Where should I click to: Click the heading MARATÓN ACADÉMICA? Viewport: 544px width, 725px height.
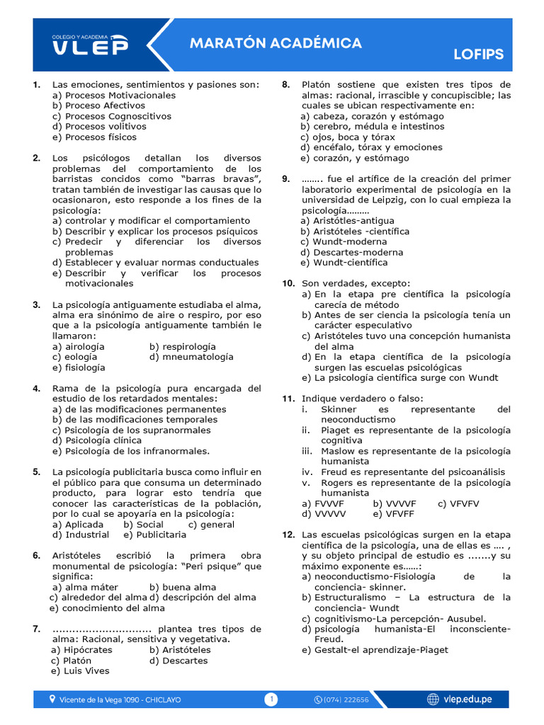[x=276, y=43]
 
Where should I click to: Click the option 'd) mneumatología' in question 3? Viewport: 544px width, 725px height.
[x=191, y=357]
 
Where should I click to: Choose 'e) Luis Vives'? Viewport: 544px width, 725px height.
[x=80, y=670]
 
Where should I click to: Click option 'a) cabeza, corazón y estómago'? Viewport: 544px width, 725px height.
[x=372, y=116]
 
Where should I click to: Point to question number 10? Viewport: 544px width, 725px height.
[x=288, y=283]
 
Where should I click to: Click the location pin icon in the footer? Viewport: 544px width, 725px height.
[x=52, y=700]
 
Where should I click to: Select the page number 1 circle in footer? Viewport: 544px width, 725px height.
[x=271, y=700]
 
